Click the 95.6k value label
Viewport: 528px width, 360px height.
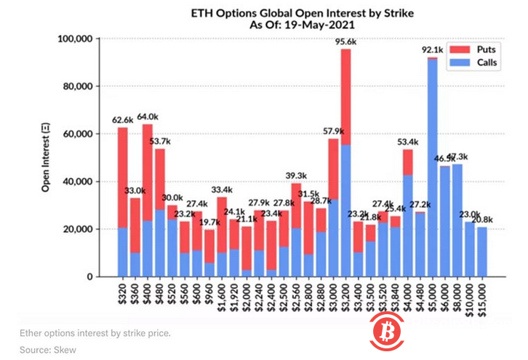(x=345, y=42)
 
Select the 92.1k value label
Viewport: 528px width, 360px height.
(x=432, y=49)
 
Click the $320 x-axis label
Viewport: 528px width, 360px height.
(x=123, y=294)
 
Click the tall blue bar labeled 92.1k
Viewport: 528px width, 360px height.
(x=433, y=167)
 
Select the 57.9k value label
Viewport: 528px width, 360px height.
(x=333, y=131)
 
